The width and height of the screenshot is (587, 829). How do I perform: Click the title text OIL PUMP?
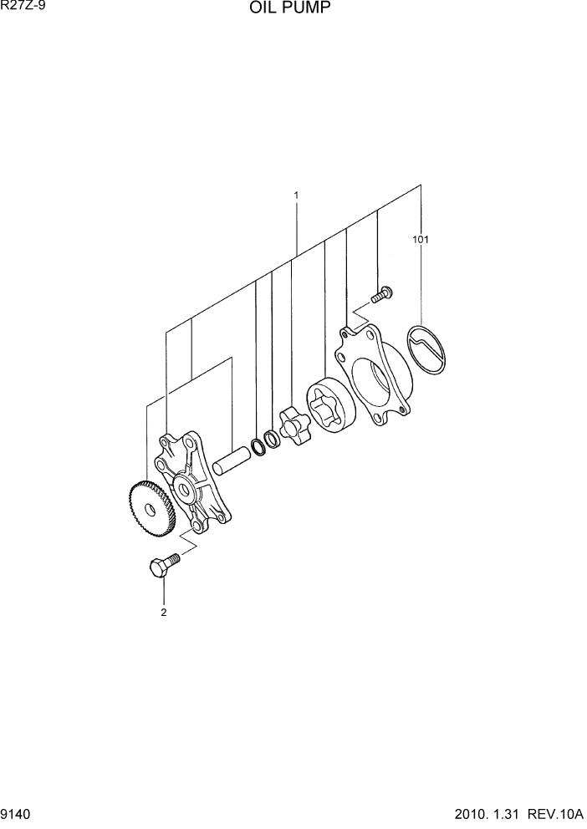pyautogui.click(x=288, y=9)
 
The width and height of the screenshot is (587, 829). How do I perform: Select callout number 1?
pyautogui.click(x=296, y=196)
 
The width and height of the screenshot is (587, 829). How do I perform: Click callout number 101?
pyautogui.click(x=420, y=240)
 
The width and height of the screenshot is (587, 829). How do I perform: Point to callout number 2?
pyautogui.click(x=164, y=612)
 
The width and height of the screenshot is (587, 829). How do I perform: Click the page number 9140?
pyautogui.click(x=17, y=813)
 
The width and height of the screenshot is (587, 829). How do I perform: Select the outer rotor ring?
pyautogui.click(x=329, y=407)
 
